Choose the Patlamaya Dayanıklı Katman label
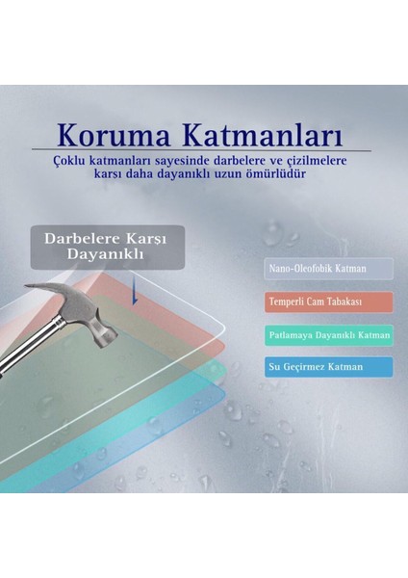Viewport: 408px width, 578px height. tap(328, 335)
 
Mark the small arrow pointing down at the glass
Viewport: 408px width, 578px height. tap(136, 293)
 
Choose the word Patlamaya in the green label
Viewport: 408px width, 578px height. tap(292, 335)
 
